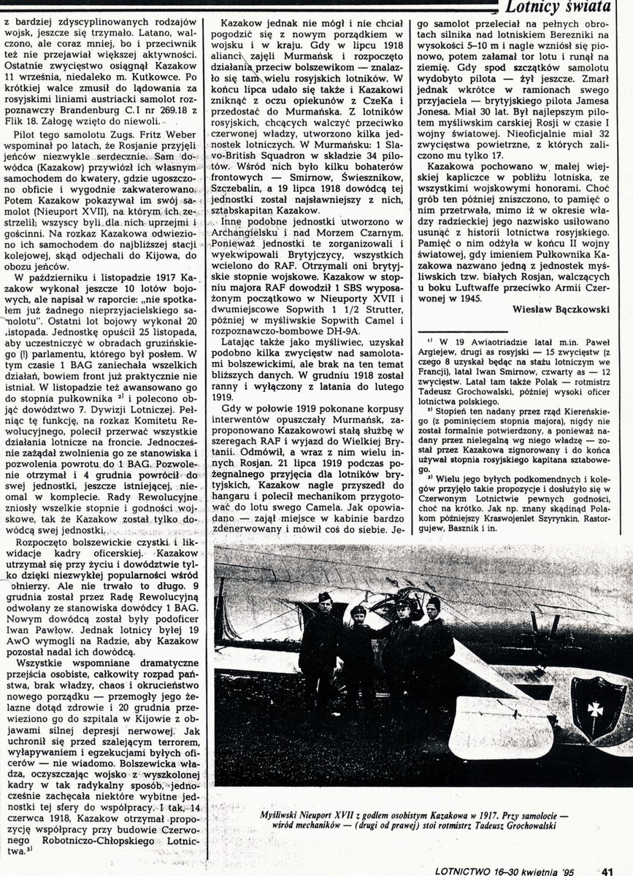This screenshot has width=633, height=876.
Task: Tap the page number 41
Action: (607, 869)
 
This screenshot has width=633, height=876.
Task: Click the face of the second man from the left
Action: (357, 613)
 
